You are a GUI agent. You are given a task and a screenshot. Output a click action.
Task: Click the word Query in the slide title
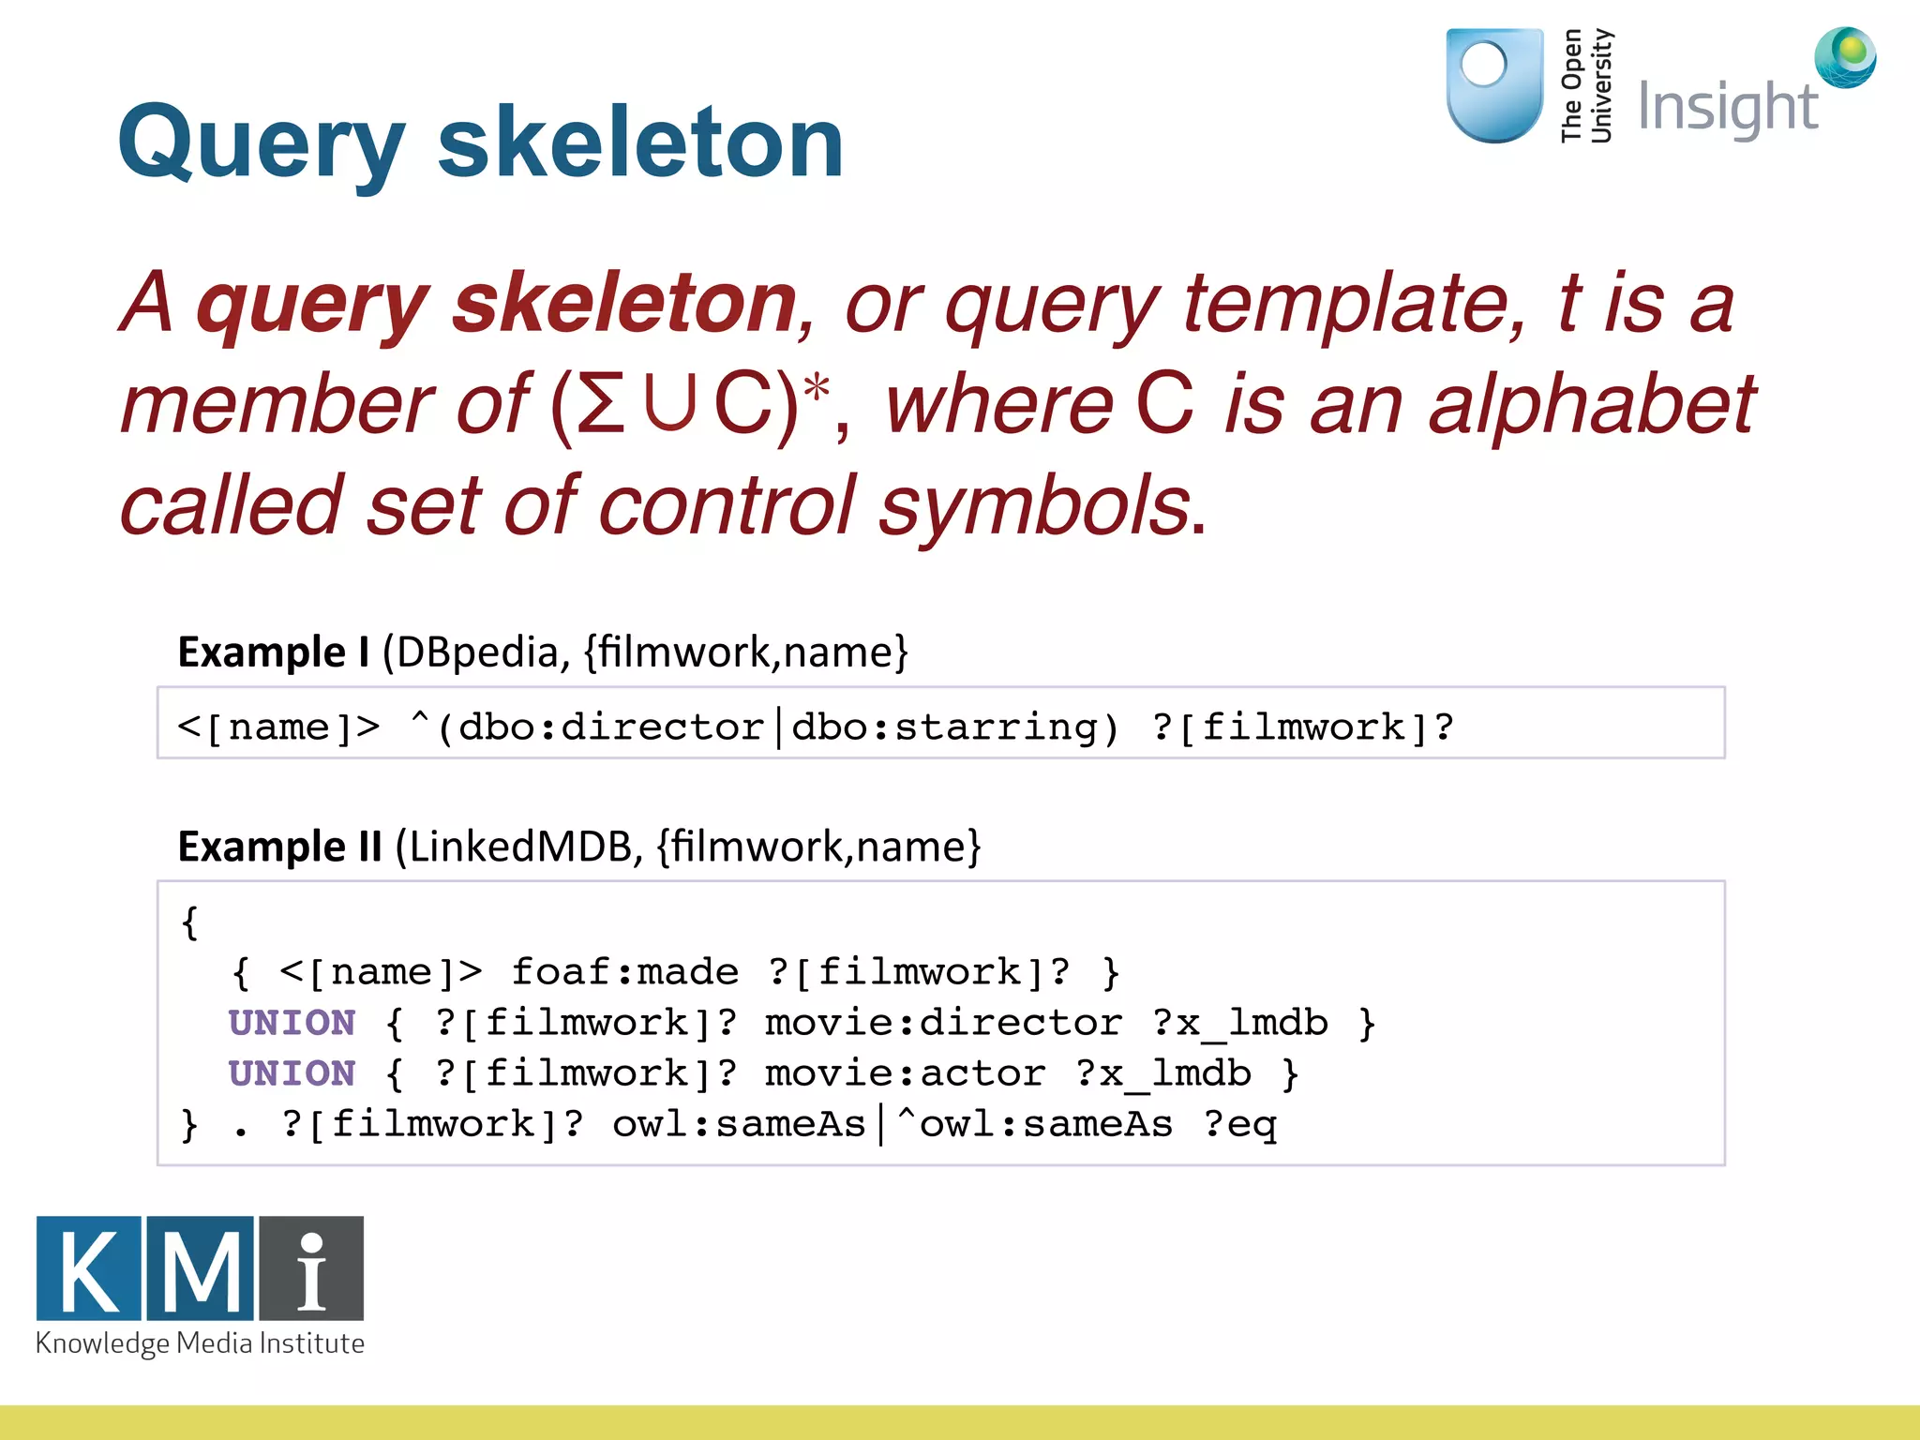pos(261,142)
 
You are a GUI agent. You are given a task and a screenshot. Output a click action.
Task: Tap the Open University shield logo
pos(1494,85)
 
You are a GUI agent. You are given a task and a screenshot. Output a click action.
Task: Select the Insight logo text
pos(1727,108)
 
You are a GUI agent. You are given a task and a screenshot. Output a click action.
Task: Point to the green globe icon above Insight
pos(1845,57)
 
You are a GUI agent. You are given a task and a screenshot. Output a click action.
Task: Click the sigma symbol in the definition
pos(601,405)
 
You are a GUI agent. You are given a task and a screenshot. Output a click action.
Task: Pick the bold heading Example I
pos(274,652)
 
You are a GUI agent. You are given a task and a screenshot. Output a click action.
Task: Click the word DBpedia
pos(478,652)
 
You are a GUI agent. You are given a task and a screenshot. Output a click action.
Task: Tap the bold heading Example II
pos(279,847)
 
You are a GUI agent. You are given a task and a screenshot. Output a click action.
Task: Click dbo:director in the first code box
pos(611,727)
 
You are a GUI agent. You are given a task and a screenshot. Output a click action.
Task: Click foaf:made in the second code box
pos(624,972)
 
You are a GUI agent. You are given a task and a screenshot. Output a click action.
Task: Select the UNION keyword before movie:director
pos(292,1023)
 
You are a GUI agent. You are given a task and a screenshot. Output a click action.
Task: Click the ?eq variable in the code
pos(1240,1124)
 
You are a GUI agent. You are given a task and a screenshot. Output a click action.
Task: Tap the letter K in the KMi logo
pos(89,1268)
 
